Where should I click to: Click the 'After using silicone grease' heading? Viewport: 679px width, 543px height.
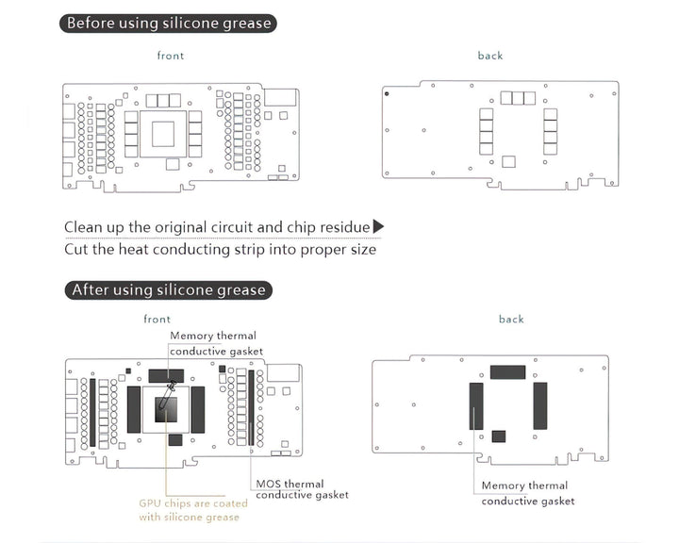pos(169,289)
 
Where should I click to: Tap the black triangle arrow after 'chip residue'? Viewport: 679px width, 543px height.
pos(379,226)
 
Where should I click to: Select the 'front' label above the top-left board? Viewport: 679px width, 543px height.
pos(171,56)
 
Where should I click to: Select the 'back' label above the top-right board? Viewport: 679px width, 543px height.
pos(490,56)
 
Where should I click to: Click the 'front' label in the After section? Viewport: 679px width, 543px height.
pos(157,320)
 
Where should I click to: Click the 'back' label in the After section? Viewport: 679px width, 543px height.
pos(511,320)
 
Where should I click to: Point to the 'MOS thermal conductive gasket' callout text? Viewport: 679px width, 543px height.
pos(302,489)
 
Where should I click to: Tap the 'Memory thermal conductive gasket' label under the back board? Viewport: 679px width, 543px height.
pos(527,493)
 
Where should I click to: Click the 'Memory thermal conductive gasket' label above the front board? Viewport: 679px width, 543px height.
pos(213,343)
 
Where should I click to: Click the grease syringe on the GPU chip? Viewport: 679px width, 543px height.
pos(168,400)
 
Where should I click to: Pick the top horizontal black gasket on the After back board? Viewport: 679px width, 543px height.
pos(507,372)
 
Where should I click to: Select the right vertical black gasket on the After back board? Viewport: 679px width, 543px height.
pos(540,405)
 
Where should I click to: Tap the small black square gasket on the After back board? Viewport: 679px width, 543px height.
pos(499,436)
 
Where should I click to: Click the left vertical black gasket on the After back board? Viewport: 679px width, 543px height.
pos(475,405)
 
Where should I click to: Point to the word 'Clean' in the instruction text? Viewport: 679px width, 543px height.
pos(84,227)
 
